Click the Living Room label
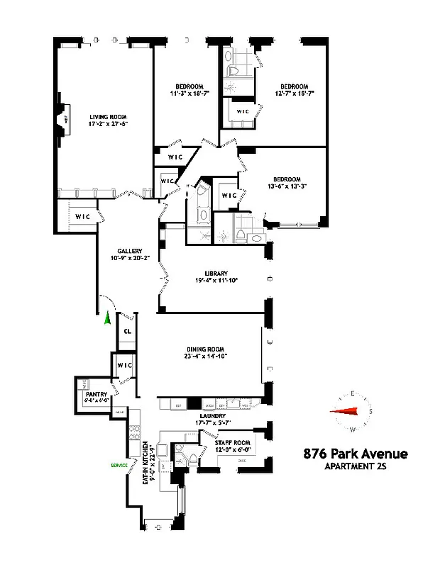tap(109, 117)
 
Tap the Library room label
tap(216, 273)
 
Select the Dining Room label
tap(210, 349)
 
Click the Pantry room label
tap(96, 394)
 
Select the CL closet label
tap(128, 331)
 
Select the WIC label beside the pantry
tap(126, 365)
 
